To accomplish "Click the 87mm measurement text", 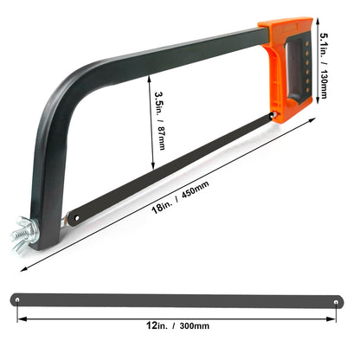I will (x=159, y=139).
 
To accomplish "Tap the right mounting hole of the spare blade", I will (x=340, y=299).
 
